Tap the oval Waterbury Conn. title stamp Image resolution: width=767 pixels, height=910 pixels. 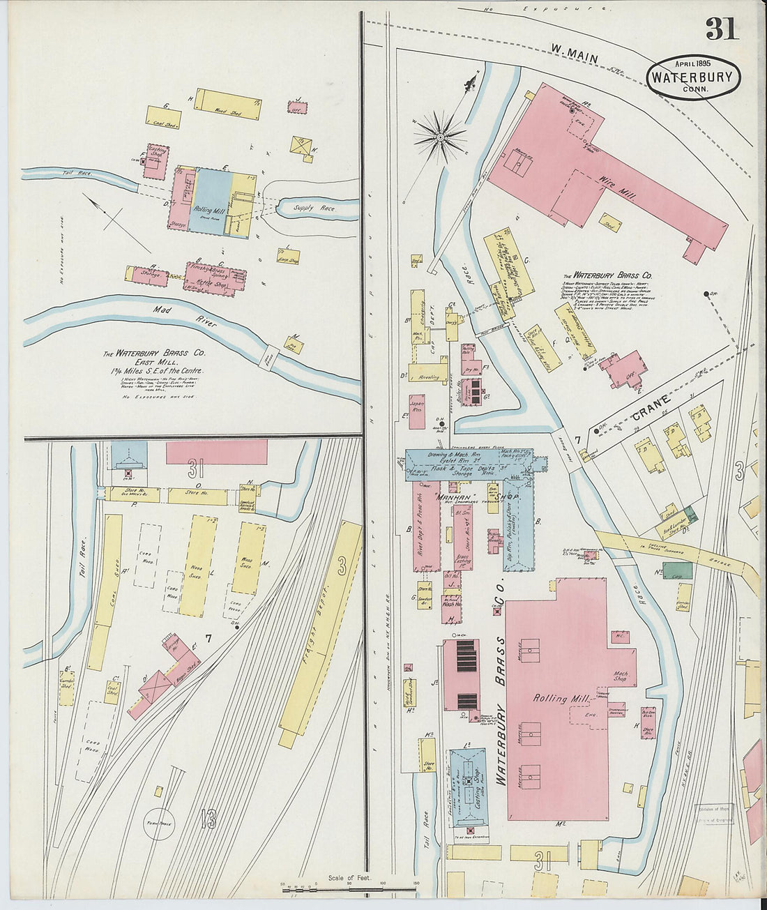pyautogui.click(x=693, y=78)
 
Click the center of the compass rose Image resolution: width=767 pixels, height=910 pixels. pyautogui.click(x=440, y=137)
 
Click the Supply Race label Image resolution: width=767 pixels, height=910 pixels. pyautogui.click(x=313, y=208)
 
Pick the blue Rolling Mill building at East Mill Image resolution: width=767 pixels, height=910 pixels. pyautogui.click(x=213, y=202)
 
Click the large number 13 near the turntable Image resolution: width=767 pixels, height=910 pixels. pyautogui.click(x=208, y=817)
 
